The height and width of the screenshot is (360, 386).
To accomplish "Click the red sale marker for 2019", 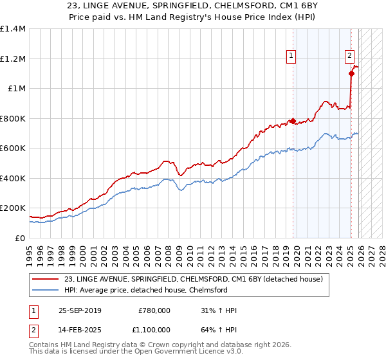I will (293, 121).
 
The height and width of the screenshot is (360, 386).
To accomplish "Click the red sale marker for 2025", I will (351, 73).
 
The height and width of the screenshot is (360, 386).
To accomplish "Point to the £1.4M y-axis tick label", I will (13, 29).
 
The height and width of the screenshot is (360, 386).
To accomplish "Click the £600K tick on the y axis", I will (13, 148).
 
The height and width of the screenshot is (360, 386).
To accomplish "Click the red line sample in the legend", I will (46, 280).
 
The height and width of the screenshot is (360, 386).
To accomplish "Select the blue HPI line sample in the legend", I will (46, 290).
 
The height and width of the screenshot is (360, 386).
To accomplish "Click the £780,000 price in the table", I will (154, 311).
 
